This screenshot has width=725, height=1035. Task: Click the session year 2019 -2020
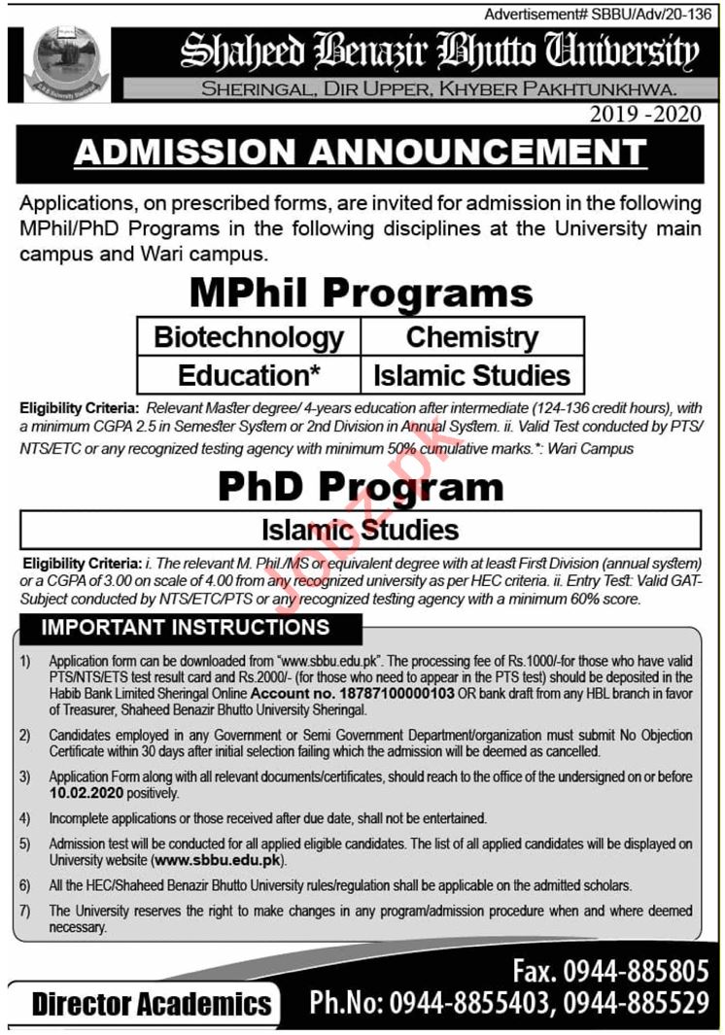(x=644, y=115)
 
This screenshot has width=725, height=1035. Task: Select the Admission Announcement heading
(x=361, y=152)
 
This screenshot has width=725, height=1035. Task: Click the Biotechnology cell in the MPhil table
(x=249, y=337)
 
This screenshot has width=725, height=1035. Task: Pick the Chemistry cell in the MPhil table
(x=471, y=337)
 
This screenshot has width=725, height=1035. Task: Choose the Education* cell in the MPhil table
(x=249, y=375)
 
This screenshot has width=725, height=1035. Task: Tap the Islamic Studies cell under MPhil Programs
(x=471, y=375)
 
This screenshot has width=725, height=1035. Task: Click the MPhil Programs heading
(x=361, y=293)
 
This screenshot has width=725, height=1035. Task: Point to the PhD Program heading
(x=361, y=487)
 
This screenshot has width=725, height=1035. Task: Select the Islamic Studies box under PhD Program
(x=361, y=531)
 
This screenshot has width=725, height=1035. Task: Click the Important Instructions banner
(x=185, y=627)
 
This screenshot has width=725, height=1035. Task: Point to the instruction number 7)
(x=26, y=911)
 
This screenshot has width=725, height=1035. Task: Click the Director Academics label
(x=152, y=1003)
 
